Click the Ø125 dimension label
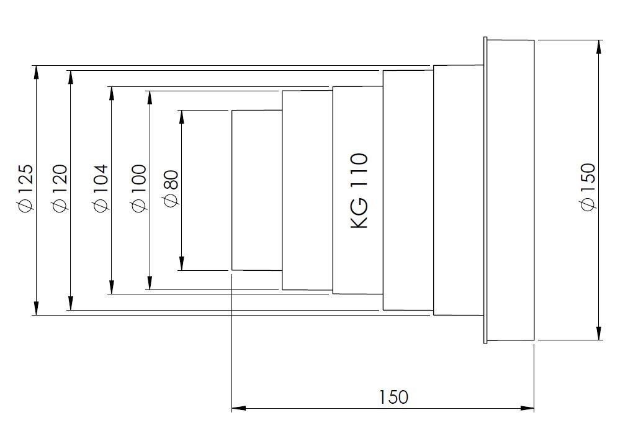(25, 187)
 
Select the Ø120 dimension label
(60, 187)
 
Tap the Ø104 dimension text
(100, 187)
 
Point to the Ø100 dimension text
(138, 187)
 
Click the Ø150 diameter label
(588, 186)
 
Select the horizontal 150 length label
(393, 397)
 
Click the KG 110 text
(359, 191)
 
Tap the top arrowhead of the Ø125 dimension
(37, 71)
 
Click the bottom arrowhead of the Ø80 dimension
(181, 263)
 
